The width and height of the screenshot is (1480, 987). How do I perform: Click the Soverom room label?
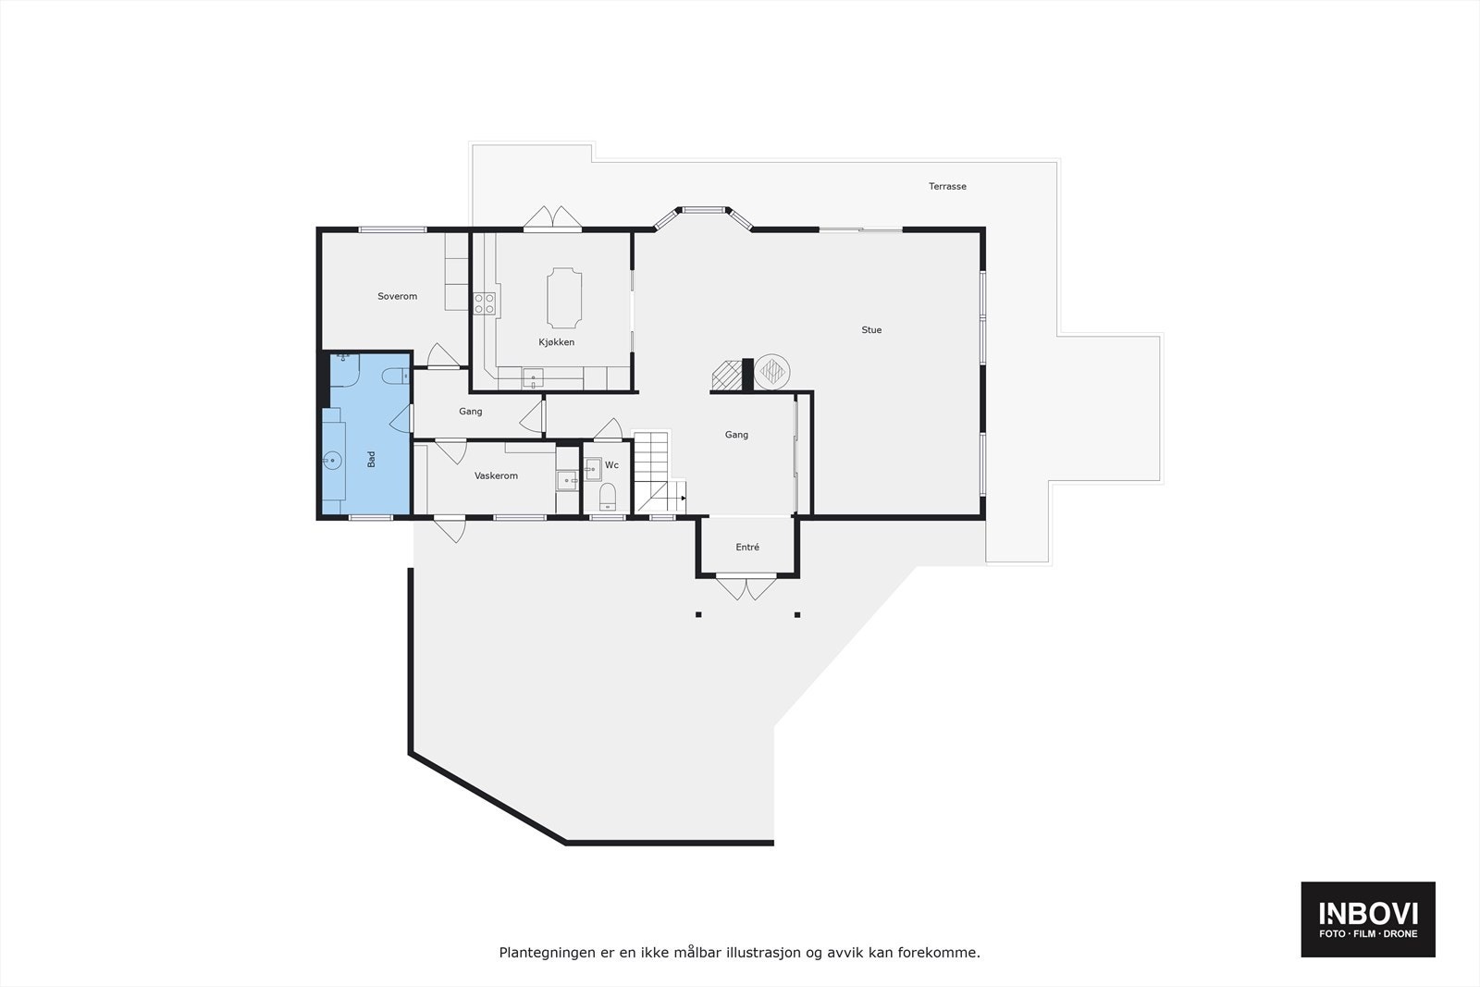[x=397, y=296]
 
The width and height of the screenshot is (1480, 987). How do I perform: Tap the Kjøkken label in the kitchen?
[x=557, y=342]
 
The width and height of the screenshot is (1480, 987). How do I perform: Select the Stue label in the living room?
[x=871, y=329]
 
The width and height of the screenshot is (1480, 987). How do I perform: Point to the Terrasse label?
[x=947, y=186]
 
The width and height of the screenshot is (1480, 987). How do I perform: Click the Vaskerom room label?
[x=496, y=475]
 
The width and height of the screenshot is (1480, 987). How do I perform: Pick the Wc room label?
[x=611, y=465]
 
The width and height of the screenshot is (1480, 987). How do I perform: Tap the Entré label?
[x=747, y=547]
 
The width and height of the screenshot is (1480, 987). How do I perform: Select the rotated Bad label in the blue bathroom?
[x=371, y=459]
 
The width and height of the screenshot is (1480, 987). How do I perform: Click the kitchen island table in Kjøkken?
[x=564, y=298]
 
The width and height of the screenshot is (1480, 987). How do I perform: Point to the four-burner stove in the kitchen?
[x=485, y=303]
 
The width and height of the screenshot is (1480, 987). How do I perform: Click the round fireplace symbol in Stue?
[x=771, y=372]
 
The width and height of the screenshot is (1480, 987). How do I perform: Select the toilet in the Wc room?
[x=608, y=497]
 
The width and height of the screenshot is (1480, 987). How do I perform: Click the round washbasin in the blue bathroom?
[x=332, y=460]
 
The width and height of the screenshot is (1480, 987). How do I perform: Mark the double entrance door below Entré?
[x=746, y=587]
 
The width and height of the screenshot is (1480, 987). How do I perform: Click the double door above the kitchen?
[x=552, y=218]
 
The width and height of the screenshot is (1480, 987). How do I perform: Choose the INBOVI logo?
[x=1368, y=919]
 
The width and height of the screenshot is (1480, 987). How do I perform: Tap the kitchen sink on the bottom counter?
[x=534, y=376]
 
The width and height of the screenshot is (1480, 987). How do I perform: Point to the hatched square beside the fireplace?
[x=726, y=374]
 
